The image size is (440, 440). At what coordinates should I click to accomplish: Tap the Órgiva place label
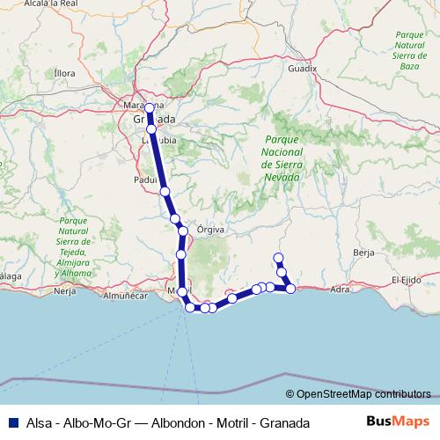click(212, 229)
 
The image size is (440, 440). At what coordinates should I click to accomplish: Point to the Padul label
click(144, 178)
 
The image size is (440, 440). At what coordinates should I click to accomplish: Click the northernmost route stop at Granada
click(150, 108)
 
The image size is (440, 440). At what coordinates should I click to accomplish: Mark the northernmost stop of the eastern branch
click(278, 258)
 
